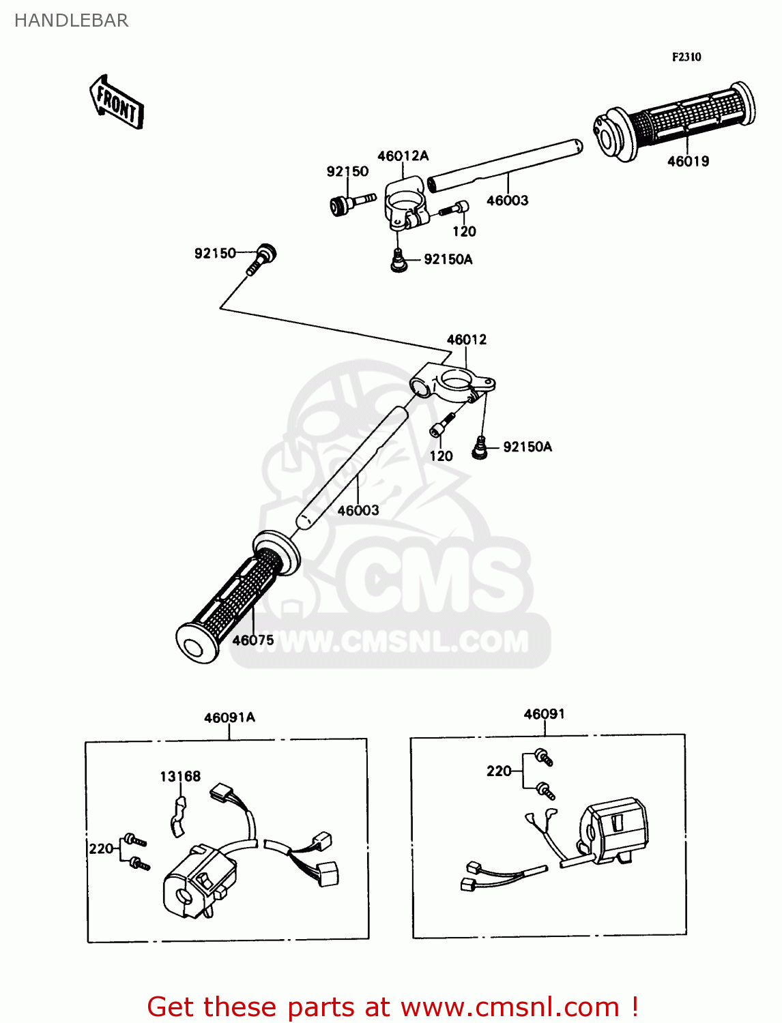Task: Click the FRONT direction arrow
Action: pos(117,103)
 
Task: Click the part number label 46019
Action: pos(688,162)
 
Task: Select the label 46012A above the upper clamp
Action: pos(403,156)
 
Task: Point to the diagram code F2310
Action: pos(686,57)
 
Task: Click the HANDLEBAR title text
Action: pos(71,20)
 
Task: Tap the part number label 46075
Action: pos(253,640)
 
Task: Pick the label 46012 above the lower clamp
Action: pos(467,340)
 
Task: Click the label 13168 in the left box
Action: pos(180,776)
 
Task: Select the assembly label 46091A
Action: pos(229,717)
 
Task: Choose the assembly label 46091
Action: pos(544,714)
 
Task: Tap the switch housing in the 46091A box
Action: pos(198,884)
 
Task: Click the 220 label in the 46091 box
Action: pos(499,771)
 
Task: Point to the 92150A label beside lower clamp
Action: pos(527,447)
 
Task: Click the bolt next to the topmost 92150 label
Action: pos(351,203)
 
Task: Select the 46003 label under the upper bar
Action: pos(507,201)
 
